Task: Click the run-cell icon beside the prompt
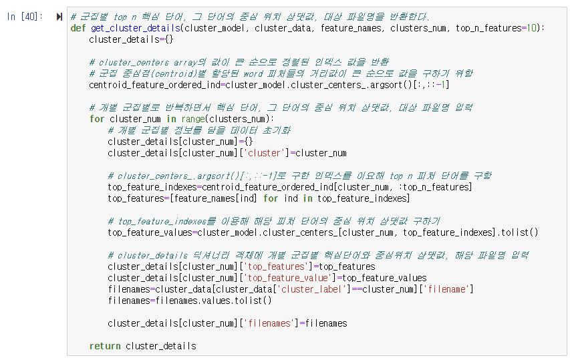click(59, 17)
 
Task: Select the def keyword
click(78, 28)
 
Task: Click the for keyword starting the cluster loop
click(97, 119)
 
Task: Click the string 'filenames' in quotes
click(270, 323)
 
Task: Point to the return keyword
click(105, 346)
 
